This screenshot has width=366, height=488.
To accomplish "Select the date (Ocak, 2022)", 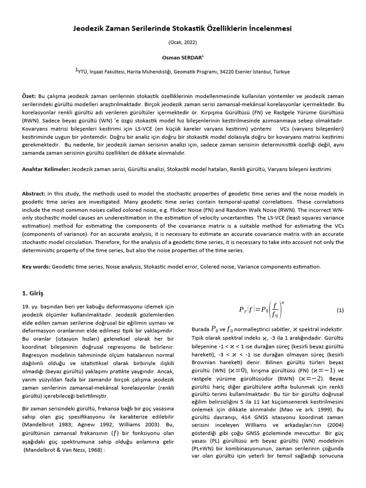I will [x=183, y=43].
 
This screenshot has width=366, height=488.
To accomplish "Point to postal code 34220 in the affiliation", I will [x=229, y=72].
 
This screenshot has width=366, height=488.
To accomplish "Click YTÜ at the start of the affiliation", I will [x=84, y=72].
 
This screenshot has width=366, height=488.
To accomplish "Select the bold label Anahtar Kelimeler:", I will [x=46, y=169].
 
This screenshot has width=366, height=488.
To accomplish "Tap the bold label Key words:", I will [x=36, y=266].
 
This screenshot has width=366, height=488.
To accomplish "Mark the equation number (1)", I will [x=340, y=310].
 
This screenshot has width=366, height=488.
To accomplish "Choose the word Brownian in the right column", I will [x=205, y=363].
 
